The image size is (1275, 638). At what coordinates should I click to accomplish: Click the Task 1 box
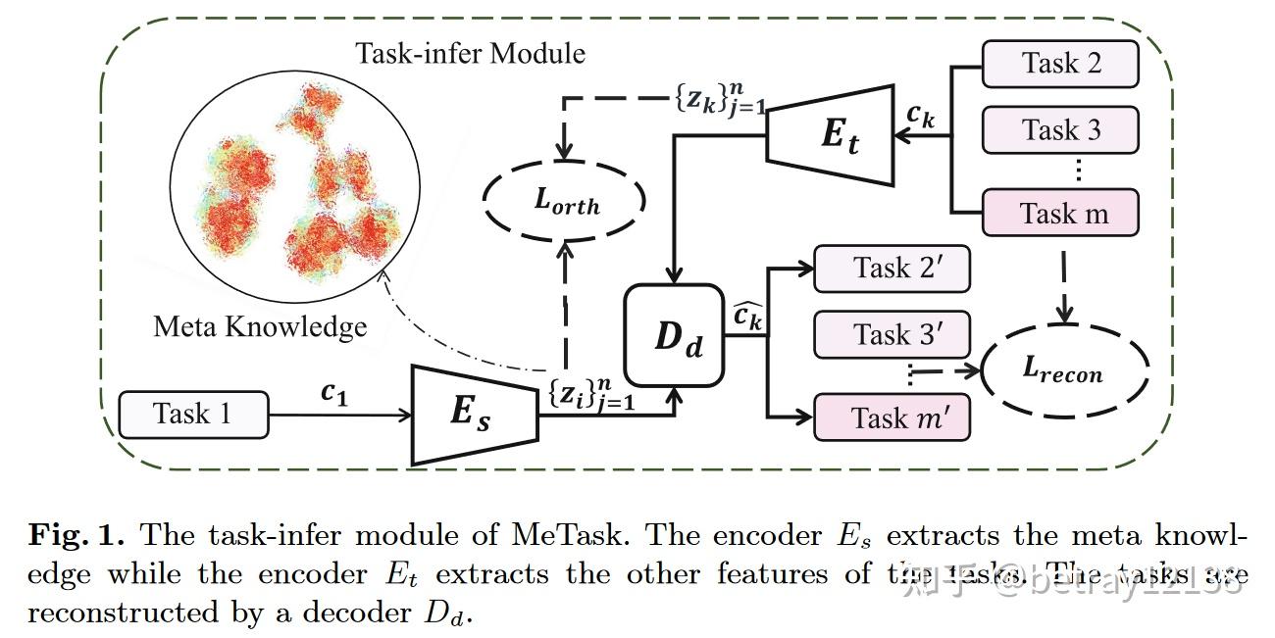tap(192, 414)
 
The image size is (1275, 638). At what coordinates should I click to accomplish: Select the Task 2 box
tap(1061, 64)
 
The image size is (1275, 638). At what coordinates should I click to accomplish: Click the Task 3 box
tap(1061, 129)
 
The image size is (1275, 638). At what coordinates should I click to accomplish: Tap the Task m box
tap(1061, 213)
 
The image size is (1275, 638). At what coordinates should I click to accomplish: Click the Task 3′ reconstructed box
tap(892, 335)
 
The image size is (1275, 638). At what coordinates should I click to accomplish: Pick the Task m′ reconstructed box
tap(892, 418)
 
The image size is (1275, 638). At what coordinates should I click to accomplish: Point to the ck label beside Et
tap(920, 116)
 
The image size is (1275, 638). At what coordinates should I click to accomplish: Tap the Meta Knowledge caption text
tap(260, 326)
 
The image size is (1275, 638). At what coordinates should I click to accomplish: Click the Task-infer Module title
tap(471, 52)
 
